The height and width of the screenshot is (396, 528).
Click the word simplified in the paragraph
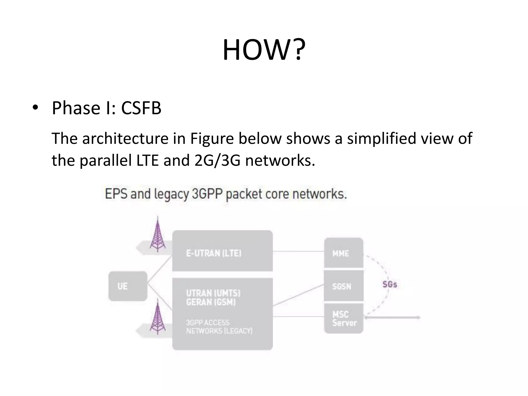click(x=381, y=138)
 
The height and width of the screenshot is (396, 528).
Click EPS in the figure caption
click(x=116, y=194)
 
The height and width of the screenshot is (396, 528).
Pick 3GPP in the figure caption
click(x=207, y=194)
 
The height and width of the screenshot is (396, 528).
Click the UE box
click(x=128, y=286)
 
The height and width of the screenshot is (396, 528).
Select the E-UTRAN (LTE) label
click(x=214, y=253)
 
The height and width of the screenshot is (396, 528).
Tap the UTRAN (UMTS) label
click(x=213, y=293)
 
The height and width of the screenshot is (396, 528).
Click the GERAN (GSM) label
click(x=211, y=302)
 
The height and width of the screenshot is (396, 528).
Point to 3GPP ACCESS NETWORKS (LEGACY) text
click(x=219, y=327)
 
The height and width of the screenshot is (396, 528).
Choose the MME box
click(x=343, y=253)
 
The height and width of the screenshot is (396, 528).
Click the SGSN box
click(x=343, y=286)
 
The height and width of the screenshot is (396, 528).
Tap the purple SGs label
click(x=390, y=284)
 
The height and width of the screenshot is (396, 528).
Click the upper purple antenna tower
click(x=158, y=235)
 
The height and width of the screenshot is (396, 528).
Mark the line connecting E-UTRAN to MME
click(x=298, y=251)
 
